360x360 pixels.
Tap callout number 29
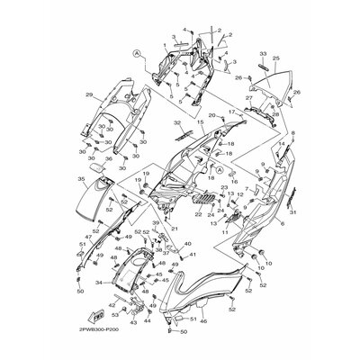tap(89, 94)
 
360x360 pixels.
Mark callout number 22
tap(194, 216)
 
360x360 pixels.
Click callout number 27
tap(248, 97)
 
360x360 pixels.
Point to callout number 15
tap(201, 122)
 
